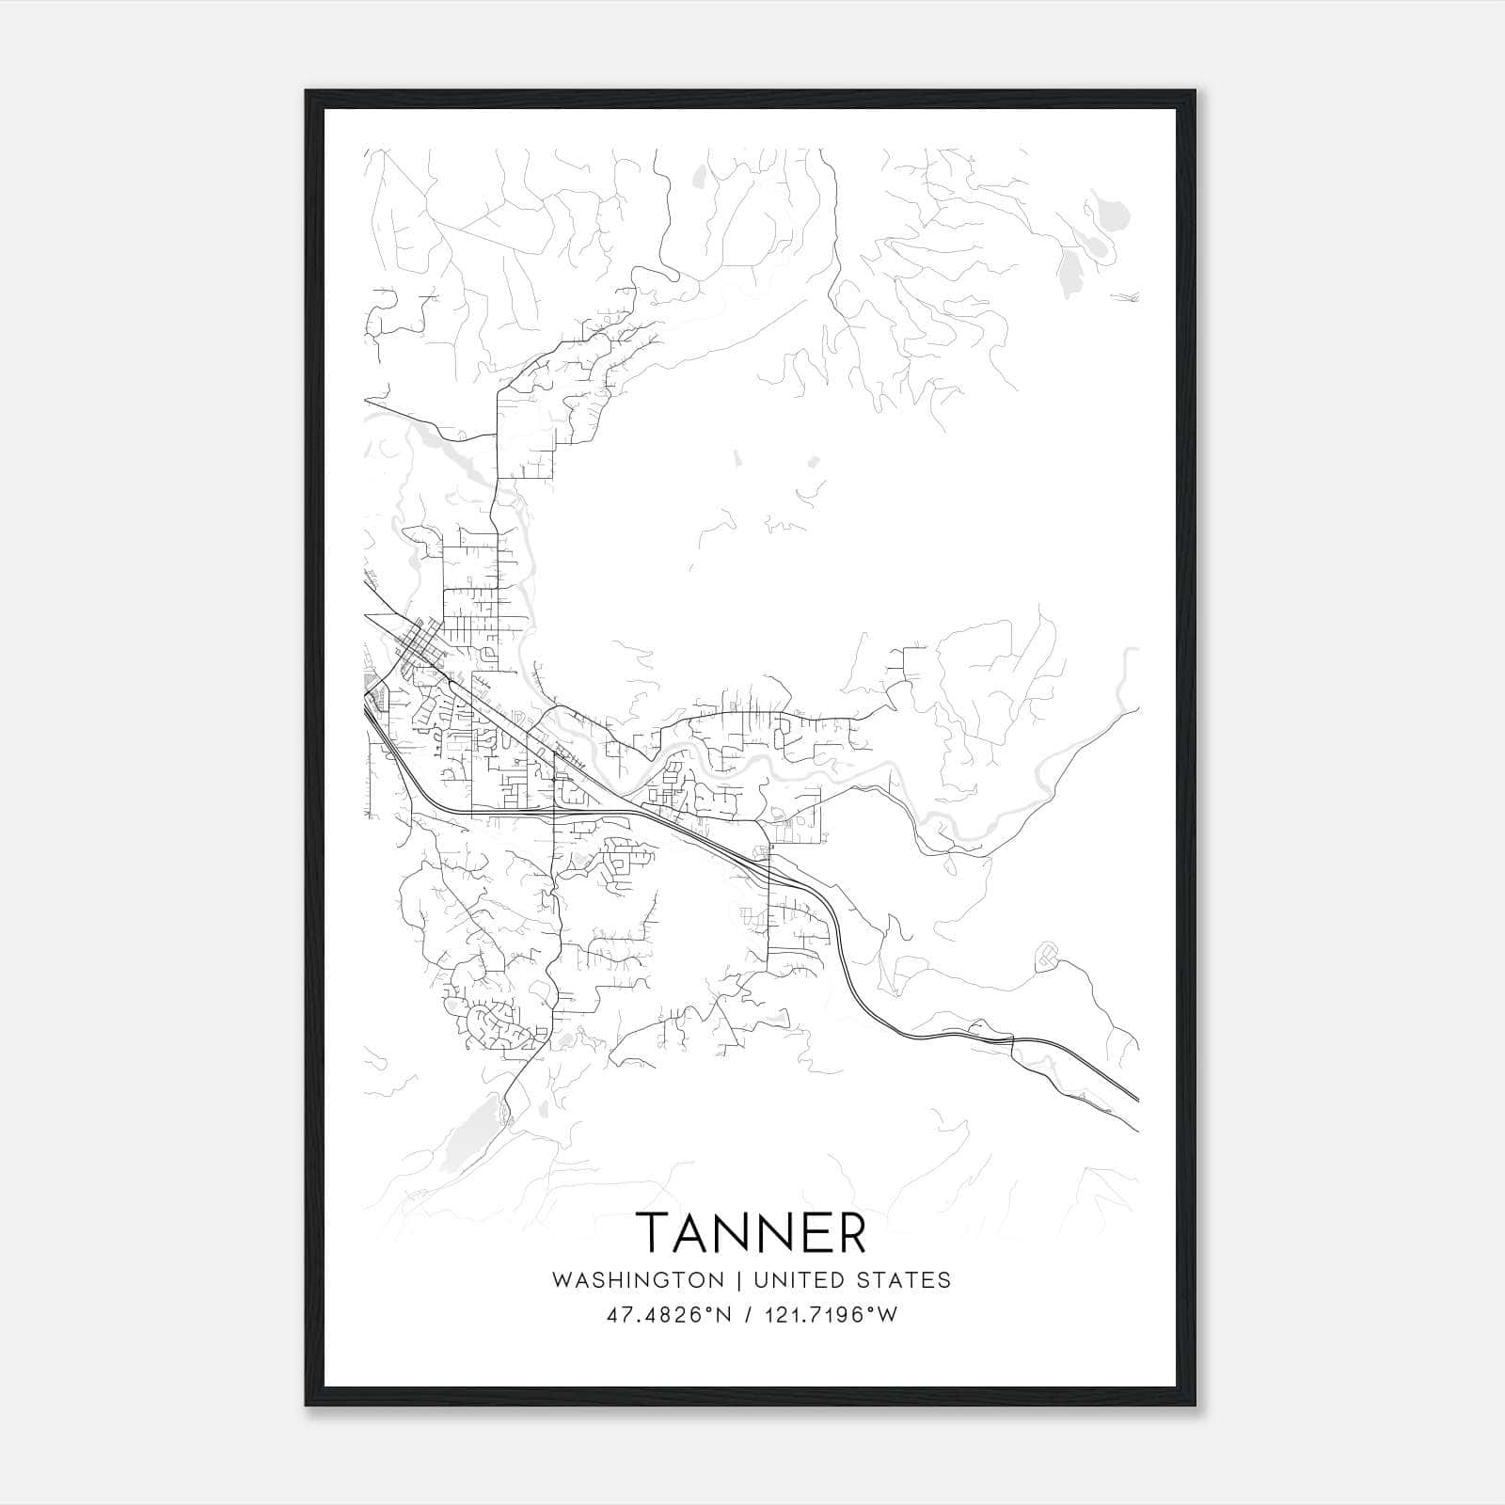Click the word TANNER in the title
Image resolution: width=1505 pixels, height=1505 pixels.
(752, 1232)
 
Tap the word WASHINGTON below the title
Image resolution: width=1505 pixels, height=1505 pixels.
(638, 1280)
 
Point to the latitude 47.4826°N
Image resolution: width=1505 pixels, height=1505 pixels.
(669, 1315)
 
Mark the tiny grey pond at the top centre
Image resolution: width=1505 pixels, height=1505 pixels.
(698, 174)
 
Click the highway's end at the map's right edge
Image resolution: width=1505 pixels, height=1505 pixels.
(1136, 1099)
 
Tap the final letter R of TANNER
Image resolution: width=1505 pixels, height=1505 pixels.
(851, 1232)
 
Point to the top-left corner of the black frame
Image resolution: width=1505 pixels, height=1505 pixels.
(307, 92)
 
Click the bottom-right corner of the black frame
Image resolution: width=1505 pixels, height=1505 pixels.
(1196, 1404)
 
